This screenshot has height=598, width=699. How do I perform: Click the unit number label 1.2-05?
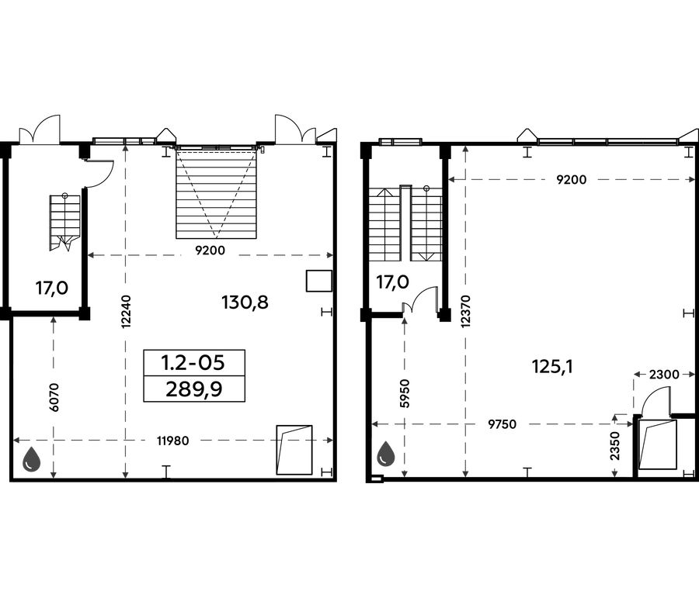click(193, 363)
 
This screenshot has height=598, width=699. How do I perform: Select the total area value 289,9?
click(194, 390)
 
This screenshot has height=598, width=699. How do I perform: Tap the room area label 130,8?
click(245, 302)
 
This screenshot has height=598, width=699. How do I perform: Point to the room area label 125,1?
click(552, 367)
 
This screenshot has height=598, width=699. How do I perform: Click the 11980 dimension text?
click(173, 441)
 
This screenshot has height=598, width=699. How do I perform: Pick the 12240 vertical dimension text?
click(126, 312)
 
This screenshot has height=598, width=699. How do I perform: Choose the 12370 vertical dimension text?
click(466, 311)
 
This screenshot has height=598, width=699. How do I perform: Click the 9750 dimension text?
click(503, 424)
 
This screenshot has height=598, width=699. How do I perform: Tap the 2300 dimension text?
click(664, 375)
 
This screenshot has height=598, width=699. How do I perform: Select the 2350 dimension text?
click(616, 446)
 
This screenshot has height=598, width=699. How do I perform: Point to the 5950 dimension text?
click(405, 393)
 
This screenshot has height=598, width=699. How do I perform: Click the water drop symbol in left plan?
click(32, 458)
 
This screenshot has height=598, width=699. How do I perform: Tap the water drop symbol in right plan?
click(386, 455)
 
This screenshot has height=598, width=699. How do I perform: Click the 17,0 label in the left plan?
click(52, 288)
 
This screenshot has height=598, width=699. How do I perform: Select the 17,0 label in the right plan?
click(393, 282)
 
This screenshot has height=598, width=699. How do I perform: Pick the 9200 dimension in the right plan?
click(572, 180)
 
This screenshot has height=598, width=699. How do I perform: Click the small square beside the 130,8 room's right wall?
click(318, 281)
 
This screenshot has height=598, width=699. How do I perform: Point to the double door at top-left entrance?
click(40, 130)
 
